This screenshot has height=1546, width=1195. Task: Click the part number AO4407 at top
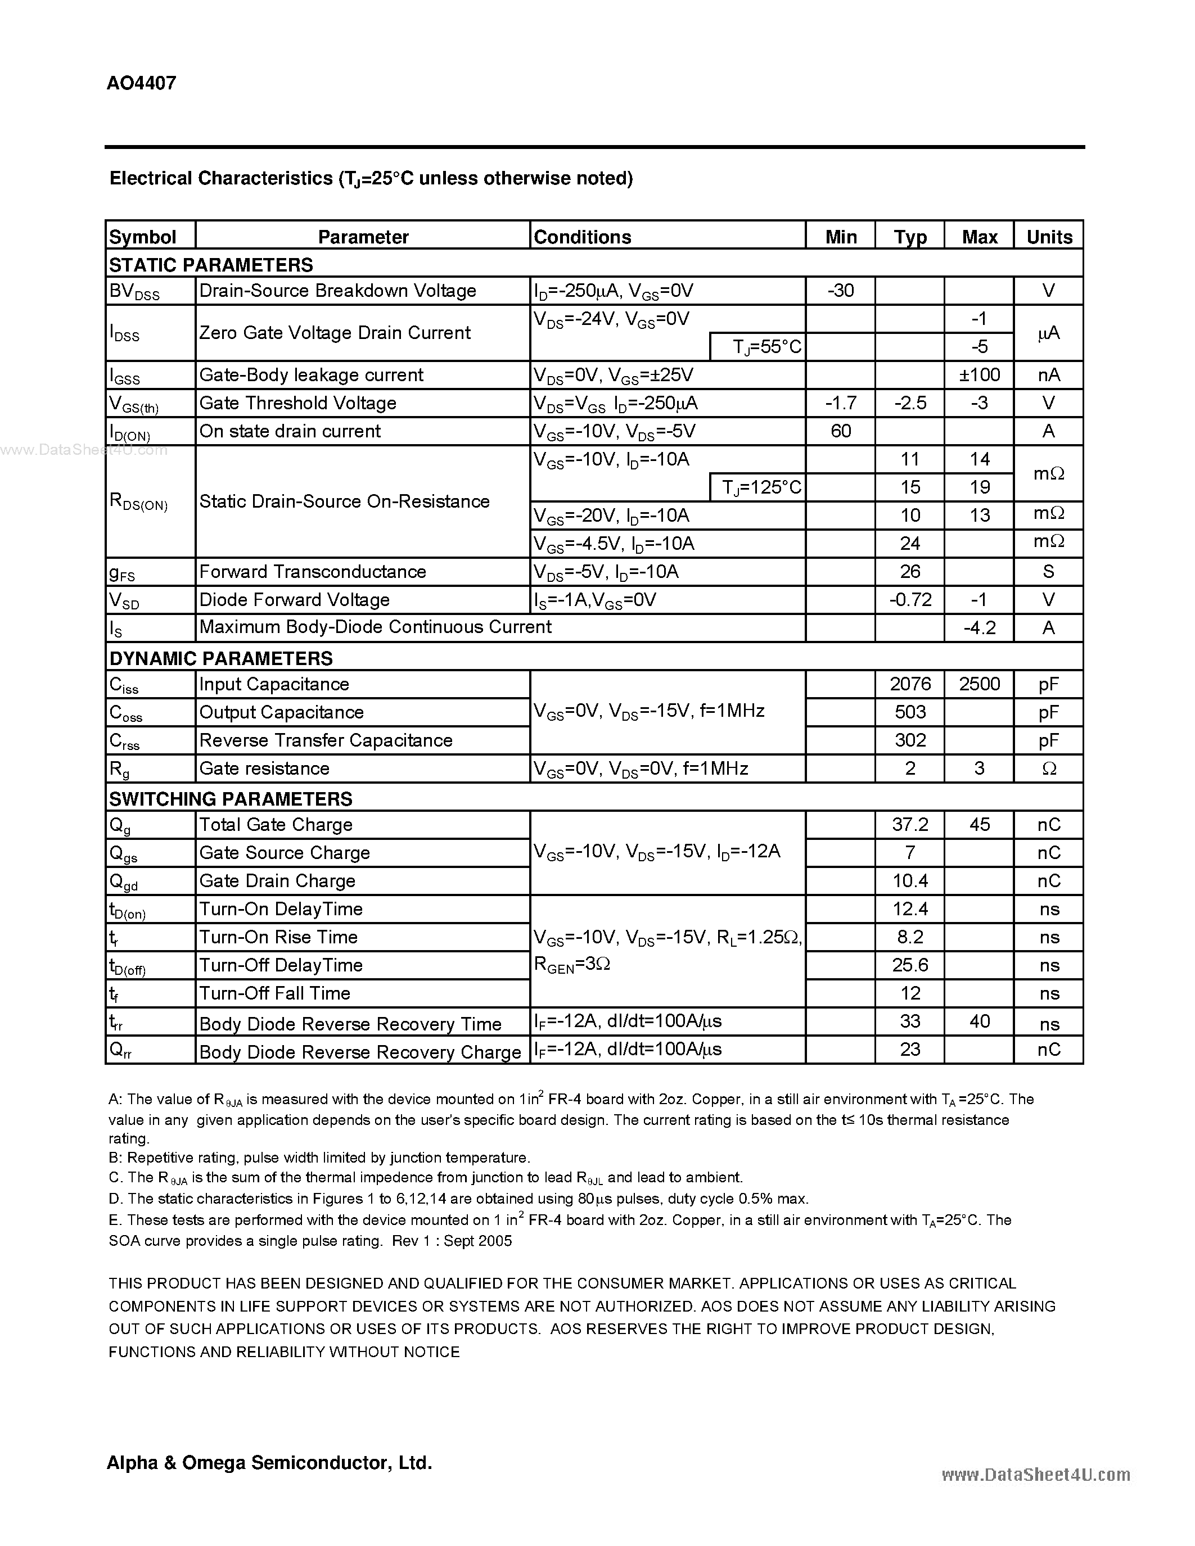(x=141, y=84)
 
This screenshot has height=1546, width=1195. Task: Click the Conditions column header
(x=582, y=237)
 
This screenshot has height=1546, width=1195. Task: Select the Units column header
(x=1048, y=237)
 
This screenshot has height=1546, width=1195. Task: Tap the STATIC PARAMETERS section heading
(x=211, y=265)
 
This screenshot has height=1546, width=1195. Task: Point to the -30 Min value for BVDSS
(x=840, y=290)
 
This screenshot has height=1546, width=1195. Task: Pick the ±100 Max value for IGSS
(x=979, y=374)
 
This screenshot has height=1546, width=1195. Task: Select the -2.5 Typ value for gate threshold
(x=910, y=403)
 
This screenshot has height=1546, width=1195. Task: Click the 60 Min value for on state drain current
(x=840, y=431)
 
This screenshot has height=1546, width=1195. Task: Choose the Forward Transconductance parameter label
(x=312, y=571)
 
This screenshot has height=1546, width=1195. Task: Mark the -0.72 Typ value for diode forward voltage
(x=910, y=600)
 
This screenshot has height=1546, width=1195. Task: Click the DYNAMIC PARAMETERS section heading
(x=220, y=658)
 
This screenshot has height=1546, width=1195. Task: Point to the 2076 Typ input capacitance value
(x=910, y=684)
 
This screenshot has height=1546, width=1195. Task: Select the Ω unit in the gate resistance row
(x=1048, y=769)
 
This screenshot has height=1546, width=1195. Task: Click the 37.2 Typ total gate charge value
(x=910, y=825)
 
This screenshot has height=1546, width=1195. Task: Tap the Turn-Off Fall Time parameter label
(x=274, y=993)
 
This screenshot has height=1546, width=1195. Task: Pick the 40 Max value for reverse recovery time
(x=979, y=1021)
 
